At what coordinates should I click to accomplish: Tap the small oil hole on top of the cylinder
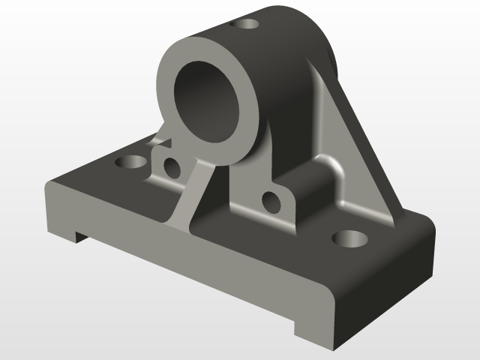pos(246,25)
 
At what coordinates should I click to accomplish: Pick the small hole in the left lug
pos(172,167)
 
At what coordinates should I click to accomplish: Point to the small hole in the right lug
pos(271,201)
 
